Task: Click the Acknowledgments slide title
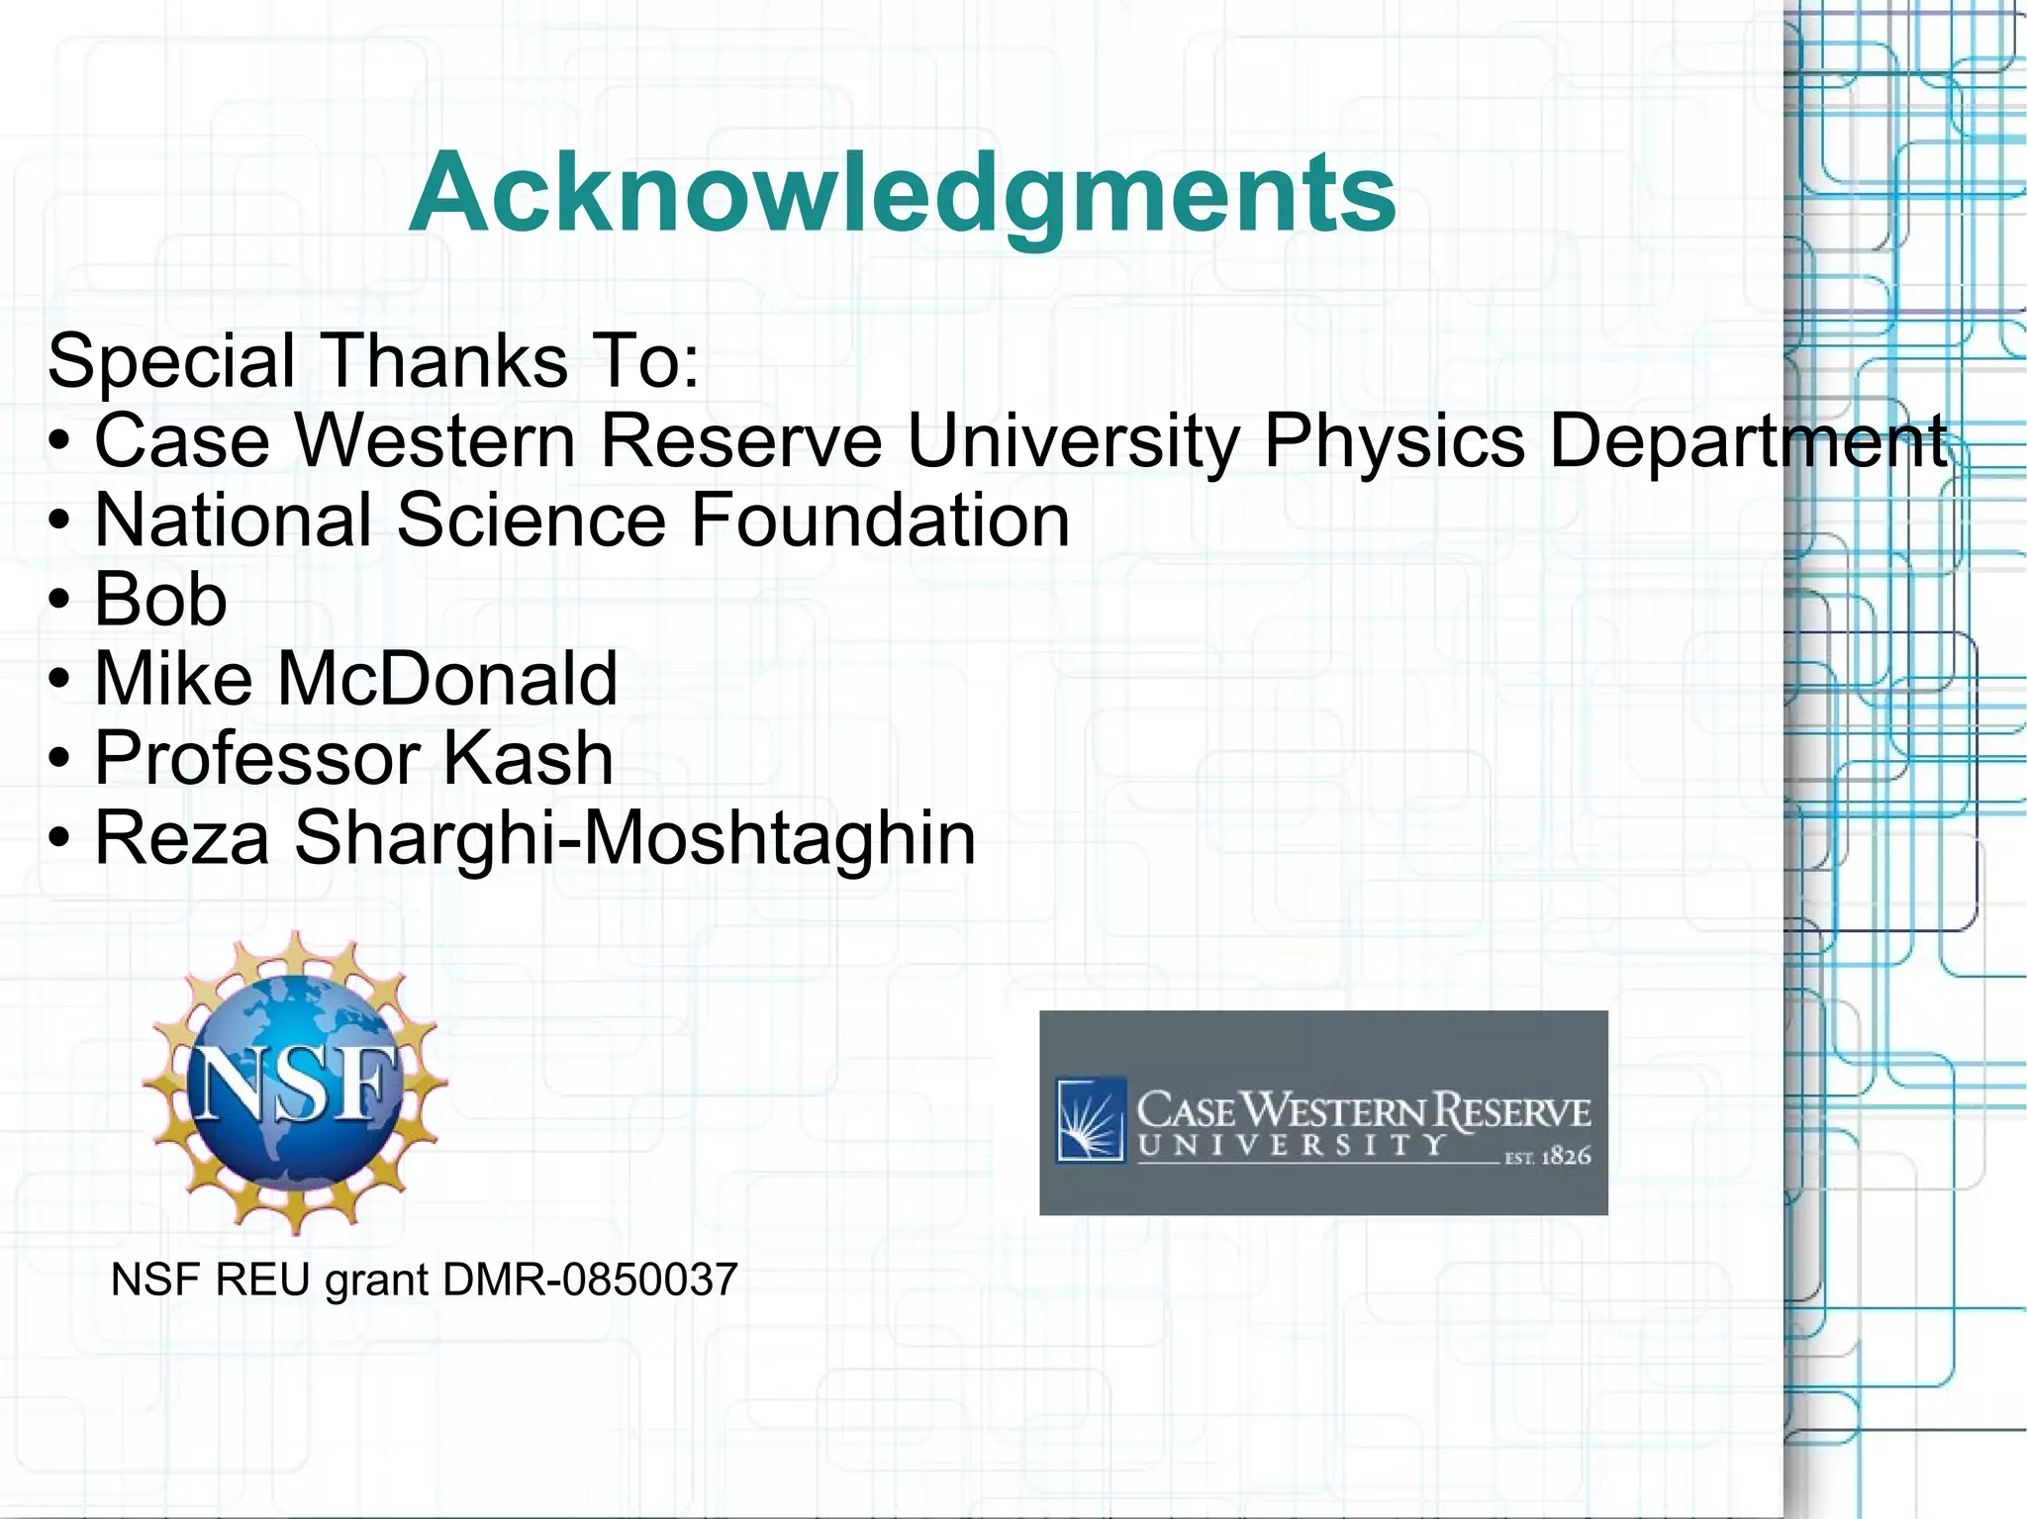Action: (902, 192)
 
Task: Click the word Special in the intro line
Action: (170, 361)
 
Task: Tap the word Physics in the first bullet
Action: (1395, 441)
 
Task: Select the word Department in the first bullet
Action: (1748, 441)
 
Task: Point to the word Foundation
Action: (880, 521)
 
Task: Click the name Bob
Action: (160, 600)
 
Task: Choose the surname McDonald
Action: (447, 679)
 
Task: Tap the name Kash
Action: (527, 759)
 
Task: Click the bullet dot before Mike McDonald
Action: (60, 681)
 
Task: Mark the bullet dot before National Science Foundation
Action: (60, 522)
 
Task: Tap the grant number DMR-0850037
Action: (590, 1280)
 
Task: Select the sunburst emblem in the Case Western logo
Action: (1090, 1117)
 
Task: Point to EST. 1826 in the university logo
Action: (1547, 1156)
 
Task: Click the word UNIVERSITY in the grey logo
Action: (1292, 1146)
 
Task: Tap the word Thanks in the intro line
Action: (445, 361)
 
